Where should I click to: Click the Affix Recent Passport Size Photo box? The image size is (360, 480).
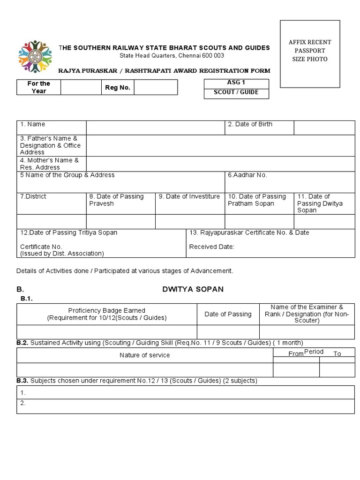[310, 54]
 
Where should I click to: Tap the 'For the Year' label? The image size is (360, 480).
[38, 87]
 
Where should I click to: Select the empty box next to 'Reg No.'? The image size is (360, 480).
[156, 87]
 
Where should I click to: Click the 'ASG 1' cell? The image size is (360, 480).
[236, 82]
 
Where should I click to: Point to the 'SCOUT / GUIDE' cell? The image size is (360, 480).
[236, 92]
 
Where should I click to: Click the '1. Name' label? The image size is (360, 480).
[32, 124]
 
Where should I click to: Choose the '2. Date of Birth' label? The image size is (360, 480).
[250, 124]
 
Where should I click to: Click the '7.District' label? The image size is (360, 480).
[33, 196]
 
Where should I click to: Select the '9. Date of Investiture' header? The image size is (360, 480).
[189, 196]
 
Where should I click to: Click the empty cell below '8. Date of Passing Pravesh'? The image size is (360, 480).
[120, 221]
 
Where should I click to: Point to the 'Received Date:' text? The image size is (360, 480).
[211, 247]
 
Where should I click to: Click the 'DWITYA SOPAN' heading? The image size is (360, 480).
[193, 289]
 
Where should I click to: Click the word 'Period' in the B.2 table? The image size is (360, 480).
[314, 352]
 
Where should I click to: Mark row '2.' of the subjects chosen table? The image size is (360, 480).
[185, 406]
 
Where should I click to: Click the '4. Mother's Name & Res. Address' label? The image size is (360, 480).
[49, 164]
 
